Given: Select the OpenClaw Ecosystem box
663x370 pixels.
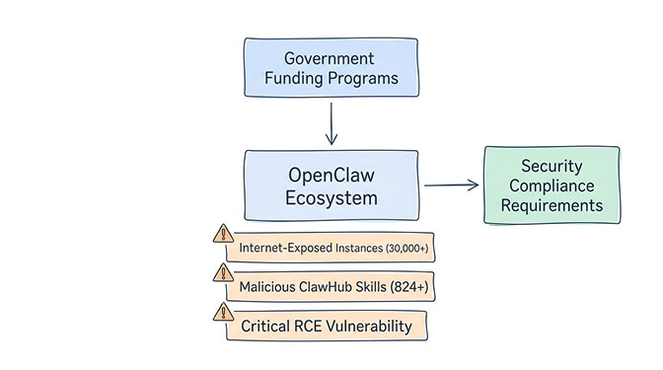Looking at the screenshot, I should click(x=331, y=185).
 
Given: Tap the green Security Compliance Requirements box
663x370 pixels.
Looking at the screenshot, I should click(x=552, y=185).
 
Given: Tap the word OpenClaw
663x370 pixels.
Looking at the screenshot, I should click(x=331, y=174).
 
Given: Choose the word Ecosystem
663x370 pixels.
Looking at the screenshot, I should click(x=331, y=197).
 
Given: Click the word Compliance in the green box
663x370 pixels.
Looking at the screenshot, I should click(x=552, y=185).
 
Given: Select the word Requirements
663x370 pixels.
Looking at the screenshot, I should click(x=552, y=205).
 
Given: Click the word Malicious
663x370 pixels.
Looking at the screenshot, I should click(x=269, y=287).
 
